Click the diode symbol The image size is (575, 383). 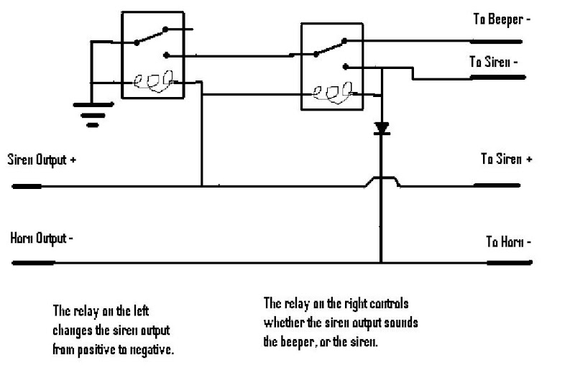382,129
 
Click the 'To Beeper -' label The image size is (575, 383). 501,19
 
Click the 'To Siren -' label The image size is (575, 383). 494,63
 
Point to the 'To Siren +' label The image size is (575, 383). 506,159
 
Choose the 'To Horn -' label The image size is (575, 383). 508,241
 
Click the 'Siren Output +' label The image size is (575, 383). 42,159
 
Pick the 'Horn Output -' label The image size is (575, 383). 41,238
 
